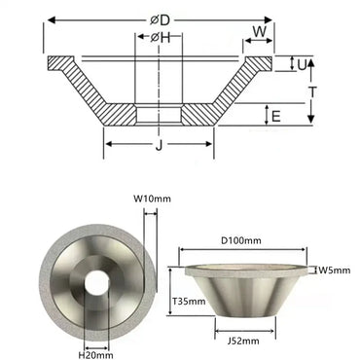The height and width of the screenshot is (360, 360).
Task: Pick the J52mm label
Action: [x=246, y=341]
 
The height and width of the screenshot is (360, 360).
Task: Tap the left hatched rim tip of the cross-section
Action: [x=56, y=65]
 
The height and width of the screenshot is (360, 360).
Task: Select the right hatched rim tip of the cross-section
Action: [x=265, y=65]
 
